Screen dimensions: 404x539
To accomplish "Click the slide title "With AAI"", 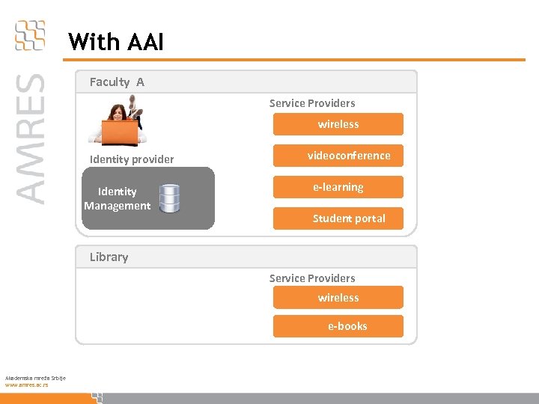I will click(x=115, y=41).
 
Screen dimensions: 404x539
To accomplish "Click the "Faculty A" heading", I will click(x=117, y=82).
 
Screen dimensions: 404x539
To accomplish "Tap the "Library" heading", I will click(x=109, y=257).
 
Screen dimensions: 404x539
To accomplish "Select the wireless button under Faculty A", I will click(x=338, y=124).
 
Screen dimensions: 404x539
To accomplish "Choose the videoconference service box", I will click(x=338, y=156).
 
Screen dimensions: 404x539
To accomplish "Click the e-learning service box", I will click(x=338, y=187).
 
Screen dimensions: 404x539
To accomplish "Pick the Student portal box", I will click(x=338, y=218).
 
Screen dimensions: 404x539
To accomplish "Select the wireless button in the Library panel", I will click(x=338, y=298).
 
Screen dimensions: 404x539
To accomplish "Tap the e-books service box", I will click(x=338, y=326).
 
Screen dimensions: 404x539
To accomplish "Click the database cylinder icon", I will click(x=169, y=198).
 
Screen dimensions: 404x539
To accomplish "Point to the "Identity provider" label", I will click(x=132, y=159).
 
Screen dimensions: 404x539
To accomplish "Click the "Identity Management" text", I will click(x=117, y=198).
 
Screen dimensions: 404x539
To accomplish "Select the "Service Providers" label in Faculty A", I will click(x=312, y=103).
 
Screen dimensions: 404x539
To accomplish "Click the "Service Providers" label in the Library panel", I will click(x=312, y=278).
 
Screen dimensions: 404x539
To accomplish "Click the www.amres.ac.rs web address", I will click(x=26, y=385).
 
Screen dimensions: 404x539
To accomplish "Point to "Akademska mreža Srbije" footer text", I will click(x=35, y=378).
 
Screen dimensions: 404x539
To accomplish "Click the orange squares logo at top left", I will click(x=30, y=35).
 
